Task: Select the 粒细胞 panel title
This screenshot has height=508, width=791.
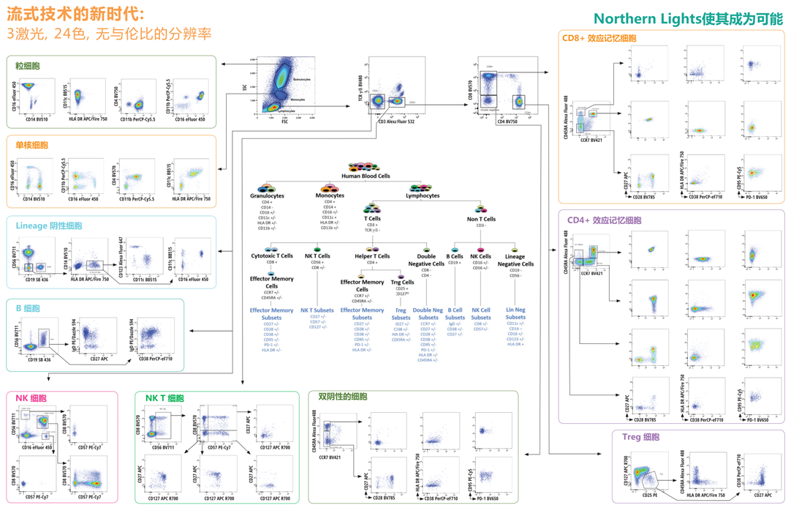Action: pos(28,66)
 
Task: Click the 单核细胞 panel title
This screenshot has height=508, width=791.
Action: pos(32,145)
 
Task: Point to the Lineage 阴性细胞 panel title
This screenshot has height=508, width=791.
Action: pos(48,226)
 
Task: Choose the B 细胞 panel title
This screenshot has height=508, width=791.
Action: pos(28,308)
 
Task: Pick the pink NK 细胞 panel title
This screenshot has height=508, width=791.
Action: pos(31,399)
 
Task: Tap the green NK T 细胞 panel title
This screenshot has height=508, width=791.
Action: pos(164,399)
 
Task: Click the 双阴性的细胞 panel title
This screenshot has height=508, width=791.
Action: pos(343,397)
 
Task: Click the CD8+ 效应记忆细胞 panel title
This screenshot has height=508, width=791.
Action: pos(599,38)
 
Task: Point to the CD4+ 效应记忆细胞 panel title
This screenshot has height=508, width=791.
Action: pos(605,220)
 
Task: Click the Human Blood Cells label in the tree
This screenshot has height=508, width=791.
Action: pos(366,176)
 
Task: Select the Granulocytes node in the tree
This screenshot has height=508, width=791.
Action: pos(267,196)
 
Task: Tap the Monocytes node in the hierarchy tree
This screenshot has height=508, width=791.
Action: pos(330,196)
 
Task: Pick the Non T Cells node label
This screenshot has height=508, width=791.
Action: pos(481,219)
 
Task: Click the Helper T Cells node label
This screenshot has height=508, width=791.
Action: pos(372,256)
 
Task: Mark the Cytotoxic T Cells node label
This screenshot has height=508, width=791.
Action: pos(271,256)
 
